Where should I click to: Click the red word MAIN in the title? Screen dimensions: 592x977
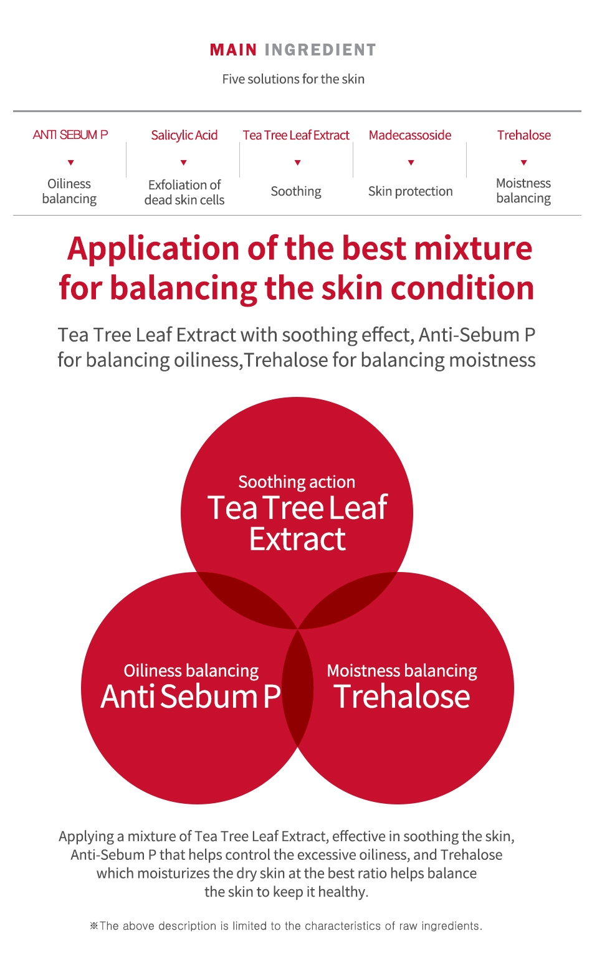pyautogui.click(x=233, y=50)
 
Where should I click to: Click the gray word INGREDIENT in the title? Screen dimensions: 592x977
pyautogui.click(x=320, y=50)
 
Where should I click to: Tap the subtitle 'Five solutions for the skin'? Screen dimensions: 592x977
pyautogui.click(x=293, y=79)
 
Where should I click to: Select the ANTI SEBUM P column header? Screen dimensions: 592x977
pyautogui.click(x=70, y=135)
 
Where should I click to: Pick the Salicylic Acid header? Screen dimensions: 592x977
pyautogui.click(x=184, y=135)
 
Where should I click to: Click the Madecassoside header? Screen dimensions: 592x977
pyautogui.click(x=410, y=135)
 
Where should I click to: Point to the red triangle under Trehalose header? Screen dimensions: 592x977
pyautogui.click(x=524, y=162)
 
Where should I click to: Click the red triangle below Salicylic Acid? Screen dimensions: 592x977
pyautogui.click(x=184, y=162)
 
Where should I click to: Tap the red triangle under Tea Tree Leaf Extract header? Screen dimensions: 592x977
pyautogui.click(x=297, y=162)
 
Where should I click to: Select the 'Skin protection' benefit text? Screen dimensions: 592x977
pyautogui.click(x=410, y=191)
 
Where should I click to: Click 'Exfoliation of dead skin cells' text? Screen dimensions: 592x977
pyautogui.click(x=184, y=193)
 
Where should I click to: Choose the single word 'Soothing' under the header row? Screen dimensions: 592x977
pyautogui.click(x=296, y=191)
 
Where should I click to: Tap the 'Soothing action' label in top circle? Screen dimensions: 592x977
pyautogui.click(x=297, y=482)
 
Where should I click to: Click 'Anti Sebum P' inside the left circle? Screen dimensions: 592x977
pyautogui.click(x=191, y=696)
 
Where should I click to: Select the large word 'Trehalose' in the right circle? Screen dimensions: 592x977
pyautogui.click(x=402, y=696)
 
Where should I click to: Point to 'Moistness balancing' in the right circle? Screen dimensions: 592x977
pyautogui.click(x=402, y=671)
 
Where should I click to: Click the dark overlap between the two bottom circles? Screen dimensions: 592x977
pyautogui.click(x=297, y=688)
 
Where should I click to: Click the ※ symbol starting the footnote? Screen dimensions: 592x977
pyautogui.click(x=94, y=926)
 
